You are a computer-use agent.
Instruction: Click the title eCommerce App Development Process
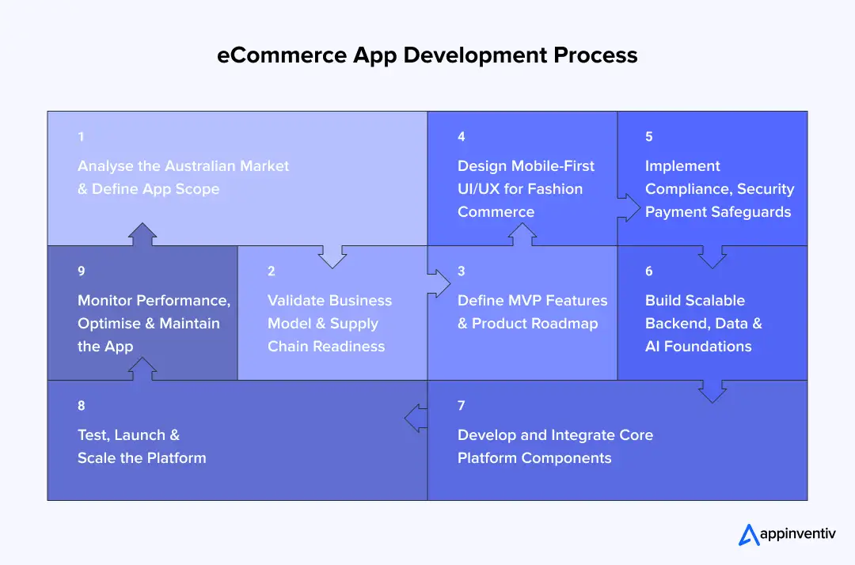427,55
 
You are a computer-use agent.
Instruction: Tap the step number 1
81,137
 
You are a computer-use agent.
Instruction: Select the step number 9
81,271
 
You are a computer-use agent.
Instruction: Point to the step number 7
461,406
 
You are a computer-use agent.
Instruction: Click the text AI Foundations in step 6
698,347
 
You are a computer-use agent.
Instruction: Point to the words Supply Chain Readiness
326,335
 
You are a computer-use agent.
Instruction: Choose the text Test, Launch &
128,435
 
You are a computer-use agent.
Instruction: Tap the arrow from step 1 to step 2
332,255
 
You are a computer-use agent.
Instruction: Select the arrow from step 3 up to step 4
522,235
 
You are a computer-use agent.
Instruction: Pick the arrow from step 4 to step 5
629,207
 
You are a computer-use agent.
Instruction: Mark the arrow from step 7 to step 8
416,418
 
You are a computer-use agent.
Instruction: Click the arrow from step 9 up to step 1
142,235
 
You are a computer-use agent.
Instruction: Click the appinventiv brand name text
797,536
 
